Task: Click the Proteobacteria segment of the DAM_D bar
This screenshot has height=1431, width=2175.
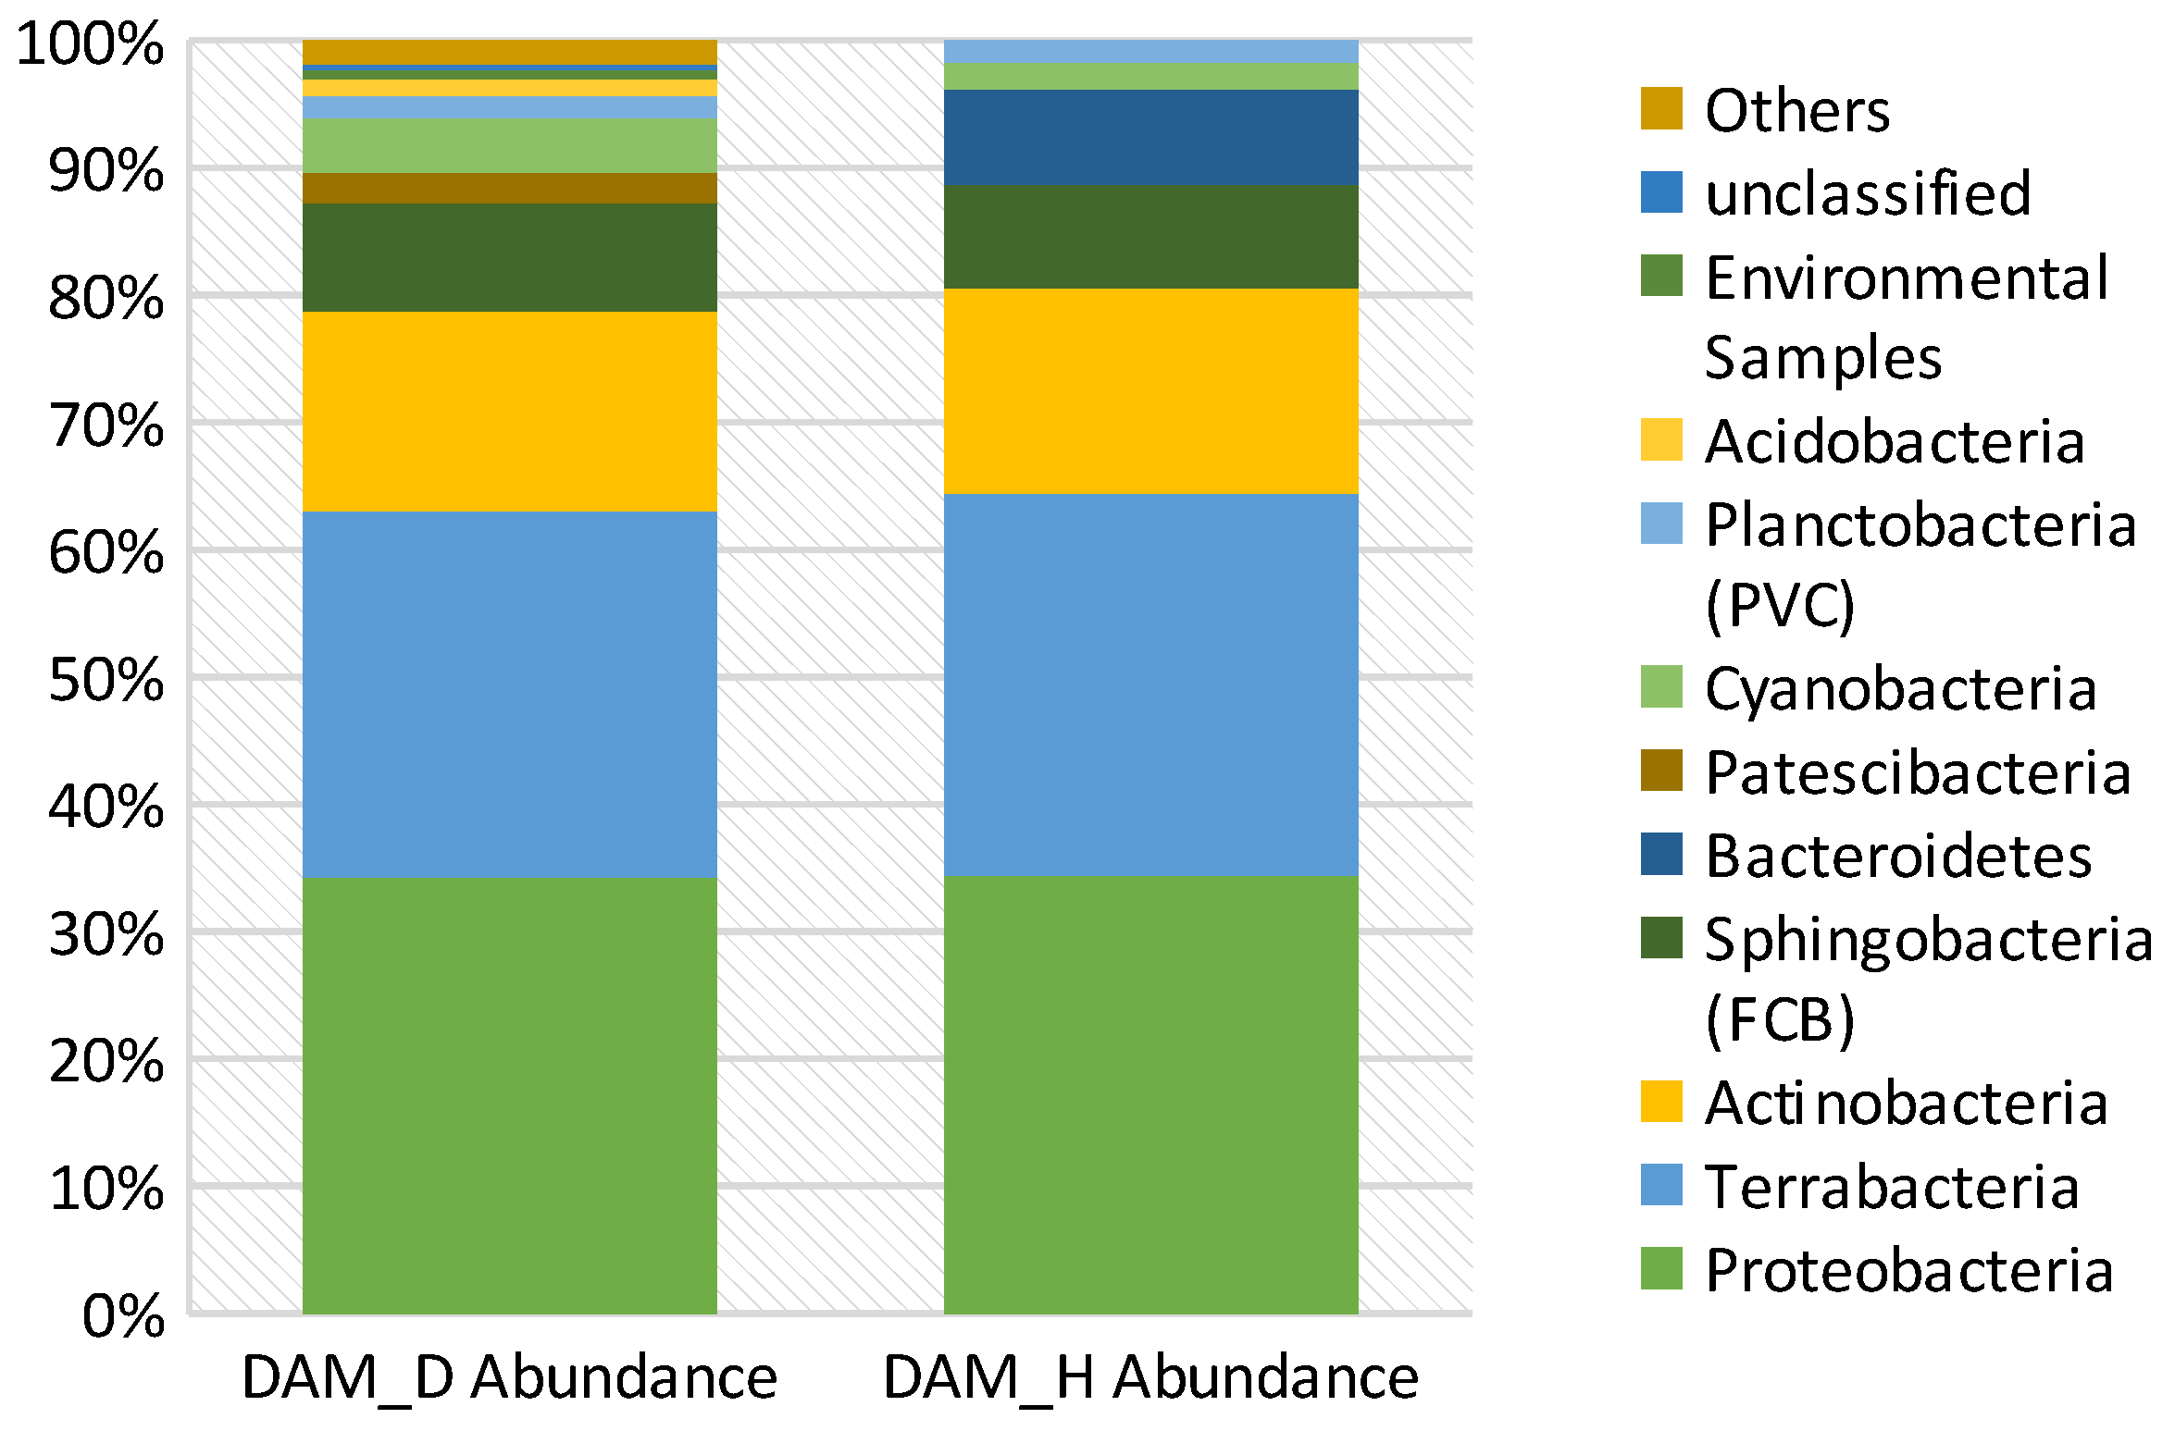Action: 509,1096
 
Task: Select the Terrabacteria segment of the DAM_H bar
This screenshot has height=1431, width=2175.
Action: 1150,685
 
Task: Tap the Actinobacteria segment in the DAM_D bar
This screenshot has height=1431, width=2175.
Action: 509,412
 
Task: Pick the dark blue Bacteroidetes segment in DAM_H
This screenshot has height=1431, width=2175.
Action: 1150,137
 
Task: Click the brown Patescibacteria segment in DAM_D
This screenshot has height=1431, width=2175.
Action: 509,188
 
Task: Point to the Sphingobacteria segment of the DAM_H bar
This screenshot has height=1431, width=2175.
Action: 1150,237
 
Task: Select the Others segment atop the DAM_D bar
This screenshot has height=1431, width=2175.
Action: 509,52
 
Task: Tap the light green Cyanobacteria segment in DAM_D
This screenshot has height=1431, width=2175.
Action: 509,145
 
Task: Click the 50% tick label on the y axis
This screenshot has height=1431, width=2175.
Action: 106,681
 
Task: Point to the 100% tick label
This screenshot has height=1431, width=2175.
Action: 91,43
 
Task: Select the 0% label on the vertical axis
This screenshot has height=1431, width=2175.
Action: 123,1316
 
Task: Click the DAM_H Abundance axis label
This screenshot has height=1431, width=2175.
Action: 1150,1378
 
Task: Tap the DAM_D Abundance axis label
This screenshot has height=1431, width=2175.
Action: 509,1378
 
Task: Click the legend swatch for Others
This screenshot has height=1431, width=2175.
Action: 1661,108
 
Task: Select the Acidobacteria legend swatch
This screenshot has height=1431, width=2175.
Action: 1661,439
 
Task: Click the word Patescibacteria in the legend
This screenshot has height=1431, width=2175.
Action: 1918,772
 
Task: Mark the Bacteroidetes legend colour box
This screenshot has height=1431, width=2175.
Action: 1661,854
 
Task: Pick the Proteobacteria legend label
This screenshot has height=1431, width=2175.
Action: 1909,1270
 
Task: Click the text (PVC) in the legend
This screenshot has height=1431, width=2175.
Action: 1780,605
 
